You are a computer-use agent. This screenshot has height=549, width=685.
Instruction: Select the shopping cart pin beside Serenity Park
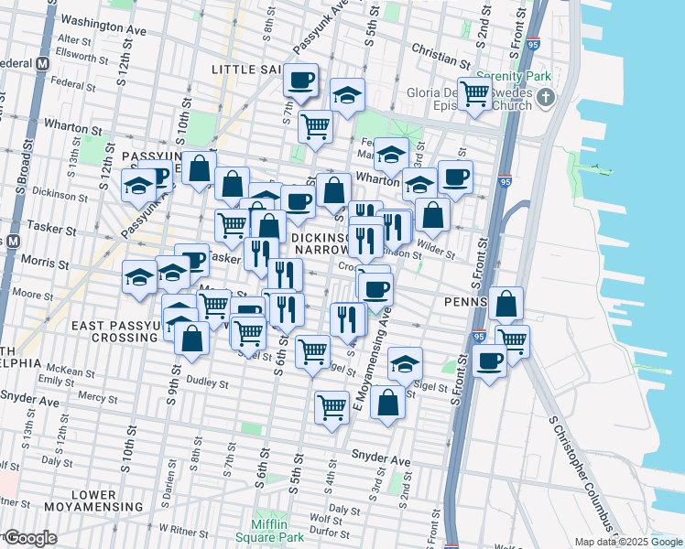tap(475, 93)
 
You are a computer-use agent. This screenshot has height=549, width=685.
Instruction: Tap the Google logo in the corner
tap(29, 538)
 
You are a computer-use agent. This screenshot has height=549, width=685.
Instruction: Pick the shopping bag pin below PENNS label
tap(506, 305)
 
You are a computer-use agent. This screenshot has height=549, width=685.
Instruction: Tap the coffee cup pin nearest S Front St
tap(490, 361)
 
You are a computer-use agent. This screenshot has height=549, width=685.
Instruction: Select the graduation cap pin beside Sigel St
tap(405, 365)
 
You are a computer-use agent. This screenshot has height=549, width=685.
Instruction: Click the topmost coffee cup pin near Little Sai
tap(300, 81)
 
